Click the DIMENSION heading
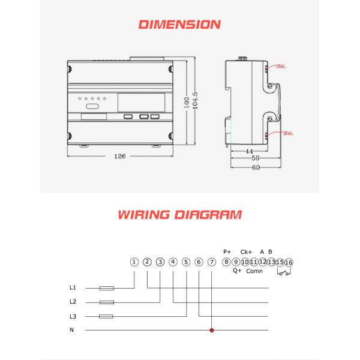pyautogui.click(x=179, y=25)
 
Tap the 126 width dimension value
pyautogui.click(x=119, y=156)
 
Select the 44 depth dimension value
pyautogui.click(x=249, y=152)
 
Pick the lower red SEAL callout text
pyautogui.click(x=284, y=133)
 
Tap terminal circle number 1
pyautogui.click(x=134, y=262)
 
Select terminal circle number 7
pyautogui.click(x=211, y=262)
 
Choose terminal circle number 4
pyautogui.click(x=173, y=262)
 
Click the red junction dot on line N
pyautogui.click(x=211, y=330)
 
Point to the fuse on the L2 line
pyautogui.click(x=107, y=302)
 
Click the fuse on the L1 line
pyautogui.click(x=107, y=288)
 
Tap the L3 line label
pyautogui.click(x=73, y=316)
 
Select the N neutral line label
pyautogui.click(x=73, y=329)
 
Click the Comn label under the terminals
pyautogui.click(x=254, y=271)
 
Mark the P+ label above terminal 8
pyautogui.click(x=227, y=251)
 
